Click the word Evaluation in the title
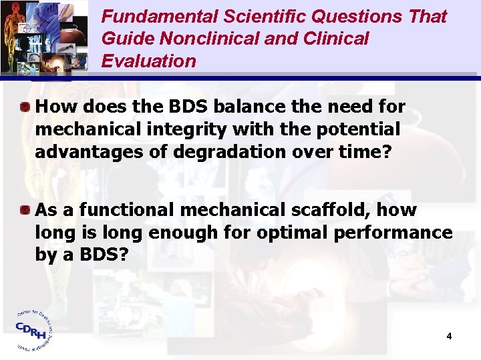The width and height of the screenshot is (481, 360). click(148, 61)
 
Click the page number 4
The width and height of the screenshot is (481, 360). click(450, 336)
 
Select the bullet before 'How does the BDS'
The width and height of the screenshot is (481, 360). click(24, 106)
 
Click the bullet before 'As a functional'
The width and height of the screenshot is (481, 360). click(24, 211)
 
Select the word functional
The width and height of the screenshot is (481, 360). click(117, 210)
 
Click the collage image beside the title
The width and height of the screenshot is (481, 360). click(44, 37)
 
